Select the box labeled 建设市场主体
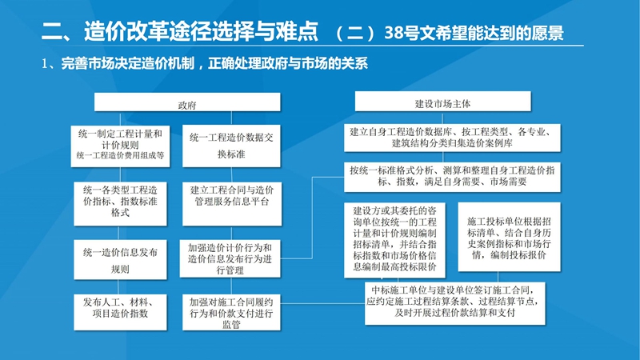click(x=442, y=103)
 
